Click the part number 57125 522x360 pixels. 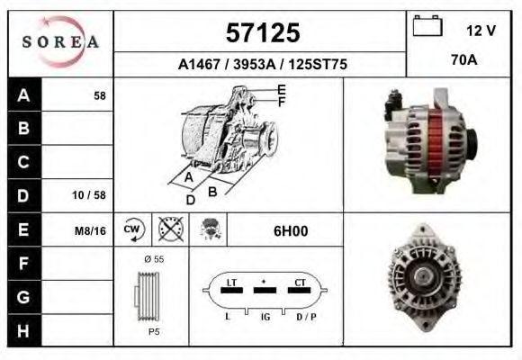pyautogui.click(x=261, y=33)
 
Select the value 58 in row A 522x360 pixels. pyautogui.click(x=100, y=96)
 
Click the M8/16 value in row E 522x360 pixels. pyautogui.click(x=90, y=231)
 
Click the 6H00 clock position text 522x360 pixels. pyautogui.click(x=291, y=231)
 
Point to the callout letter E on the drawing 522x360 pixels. pyautogui.click(x=282, y=89)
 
